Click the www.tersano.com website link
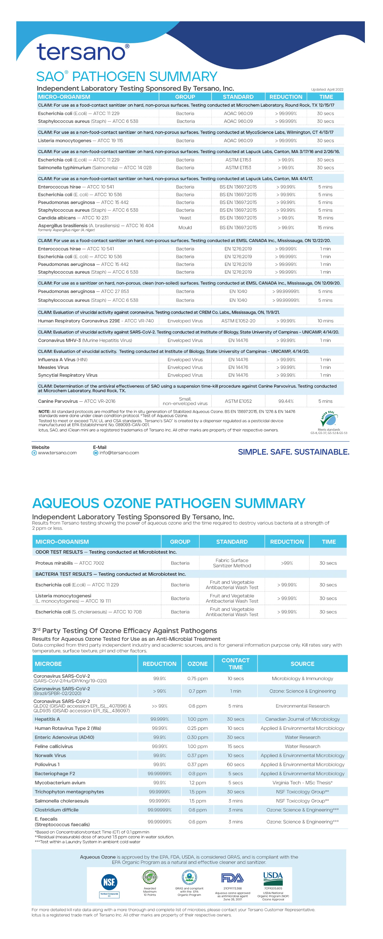pos(57,453)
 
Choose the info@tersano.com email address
pos(119,453)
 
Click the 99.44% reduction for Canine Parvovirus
pos(286,401)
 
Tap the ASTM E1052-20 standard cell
pos(238,321)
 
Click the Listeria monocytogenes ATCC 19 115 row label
pos(80,140)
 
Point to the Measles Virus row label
pos(53,367)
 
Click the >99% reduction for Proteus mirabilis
pos(287,563)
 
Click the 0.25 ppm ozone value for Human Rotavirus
pos(197,728)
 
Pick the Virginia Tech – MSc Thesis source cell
pos(302,782)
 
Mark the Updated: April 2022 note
pos(327,89)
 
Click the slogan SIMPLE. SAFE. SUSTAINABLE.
pos(293,452)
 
